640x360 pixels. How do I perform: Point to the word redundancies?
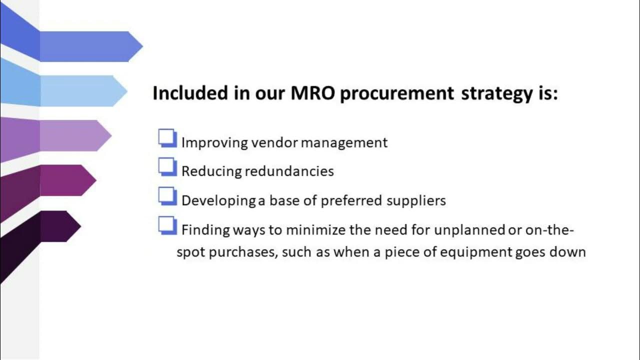(x=289, y=171)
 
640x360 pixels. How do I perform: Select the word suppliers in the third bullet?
(x=416, y=201)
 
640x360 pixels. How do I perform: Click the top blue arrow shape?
(x=90, y=46)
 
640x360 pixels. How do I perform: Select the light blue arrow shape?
(x=82, y=90)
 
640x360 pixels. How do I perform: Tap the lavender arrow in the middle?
(x=75, y=135)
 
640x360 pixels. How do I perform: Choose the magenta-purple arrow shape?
(x=67, y=180)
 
